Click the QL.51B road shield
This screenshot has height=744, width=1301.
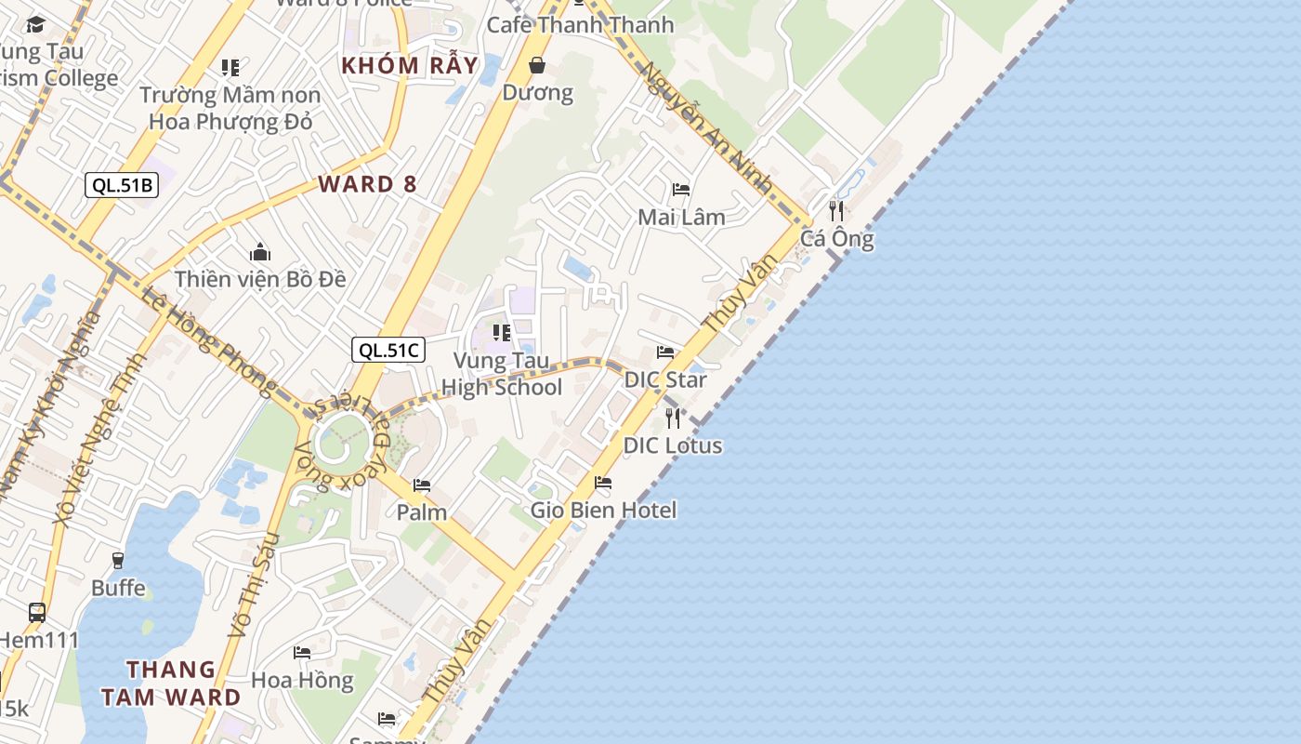122,185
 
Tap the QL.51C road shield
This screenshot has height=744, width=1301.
388,351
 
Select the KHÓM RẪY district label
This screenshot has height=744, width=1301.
410,66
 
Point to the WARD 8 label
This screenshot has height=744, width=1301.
368,184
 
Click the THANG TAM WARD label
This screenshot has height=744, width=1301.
171,684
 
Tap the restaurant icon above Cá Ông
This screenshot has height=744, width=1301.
836,210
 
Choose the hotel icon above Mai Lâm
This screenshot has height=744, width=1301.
681,190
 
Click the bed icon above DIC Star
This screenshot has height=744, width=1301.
665,352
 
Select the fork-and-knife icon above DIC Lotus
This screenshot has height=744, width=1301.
673,418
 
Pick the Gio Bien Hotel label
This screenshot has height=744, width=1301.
603,510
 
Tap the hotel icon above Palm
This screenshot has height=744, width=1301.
422,485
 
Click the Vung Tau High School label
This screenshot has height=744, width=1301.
502,375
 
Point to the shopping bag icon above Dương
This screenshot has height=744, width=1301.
537,65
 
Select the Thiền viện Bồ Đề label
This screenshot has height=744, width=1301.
260,279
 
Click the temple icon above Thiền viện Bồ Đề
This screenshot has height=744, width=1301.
260,252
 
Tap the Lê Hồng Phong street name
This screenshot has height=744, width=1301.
210,339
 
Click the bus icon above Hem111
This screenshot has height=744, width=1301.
37,613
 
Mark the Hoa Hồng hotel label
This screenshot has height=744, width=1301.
303,681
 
